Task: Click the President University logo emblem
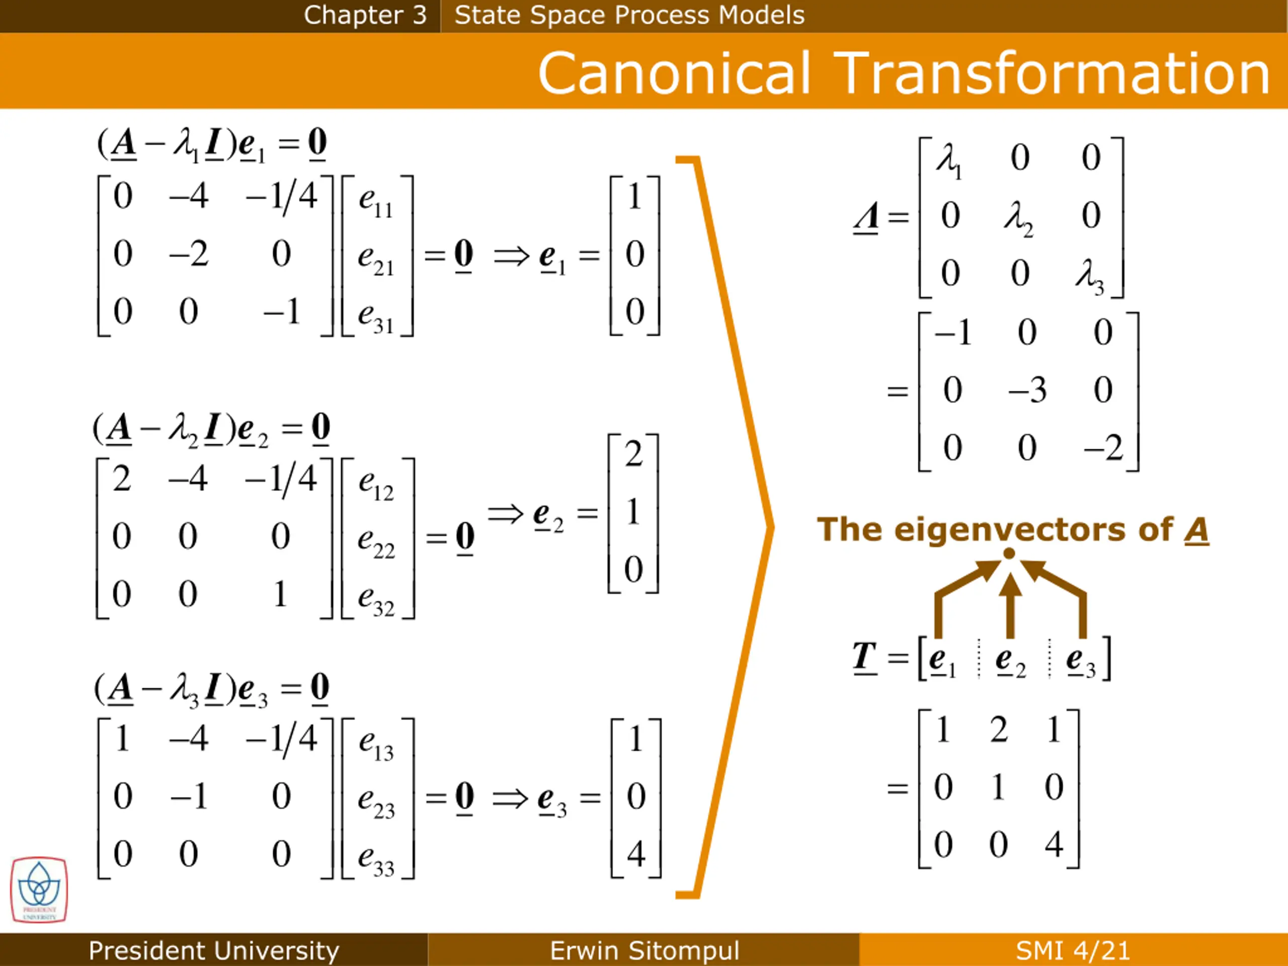pyautogui.click(x=39, y=889)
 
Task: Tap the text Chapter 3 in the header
pyautogui.click(x=365, y=15)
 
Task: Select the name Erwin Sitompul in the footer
pyautogui.click(x=644, y=950)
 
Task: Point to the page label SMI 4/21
pyautogui.click(x=1073, y=950)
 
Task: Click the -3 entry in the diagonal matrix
pyautogui.click(x=1027, y=390)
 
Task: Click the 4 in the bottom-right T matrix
pyautogui.click(x=1054, y=844)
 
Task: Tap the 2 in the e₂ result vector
pyautogui.click(x=633, y=454)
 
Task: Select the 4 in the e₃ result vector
pyautogui.click(x=636, y=854)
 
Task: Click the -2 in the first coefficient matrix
pyautogui.click(x=189, y=254)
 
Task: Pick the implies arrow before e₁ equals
pyautogui.click(x=511, y=256)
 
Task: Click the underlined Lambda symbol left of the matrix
pyautogui.click(x=866, y=218)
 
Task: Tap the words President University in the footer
pyautogui.click(x=214, y=950)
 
